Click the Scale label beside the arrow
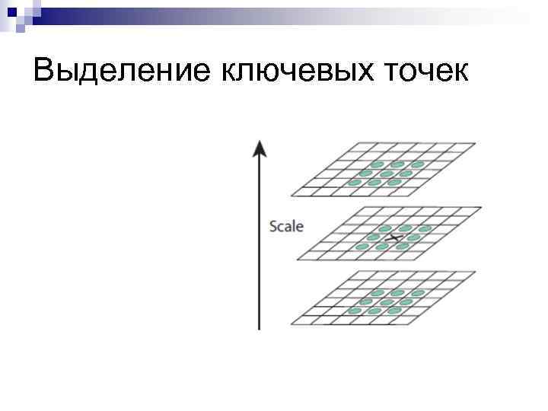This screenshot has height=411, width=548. [x=286, y=226]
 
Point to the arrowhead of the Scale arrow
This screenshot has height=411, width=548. [x=260, y=146]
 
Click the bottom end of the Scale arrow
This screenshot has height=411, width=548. [x=260, y=327]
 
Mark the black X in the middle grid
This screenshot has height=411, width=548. [x=395, y=238]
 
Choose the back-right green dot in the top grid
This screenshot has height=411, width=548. [x=417, y=164]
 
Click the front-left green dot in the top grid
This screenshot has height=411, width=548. [x=354, y=183]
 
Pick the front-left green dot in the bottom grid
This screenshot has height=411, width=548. [x=354, y=311]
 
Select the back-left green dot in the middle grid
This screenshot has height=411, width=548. [x=385, y=228]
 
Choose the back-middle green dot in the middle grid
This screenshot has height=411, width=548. [x=405, y=228]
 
